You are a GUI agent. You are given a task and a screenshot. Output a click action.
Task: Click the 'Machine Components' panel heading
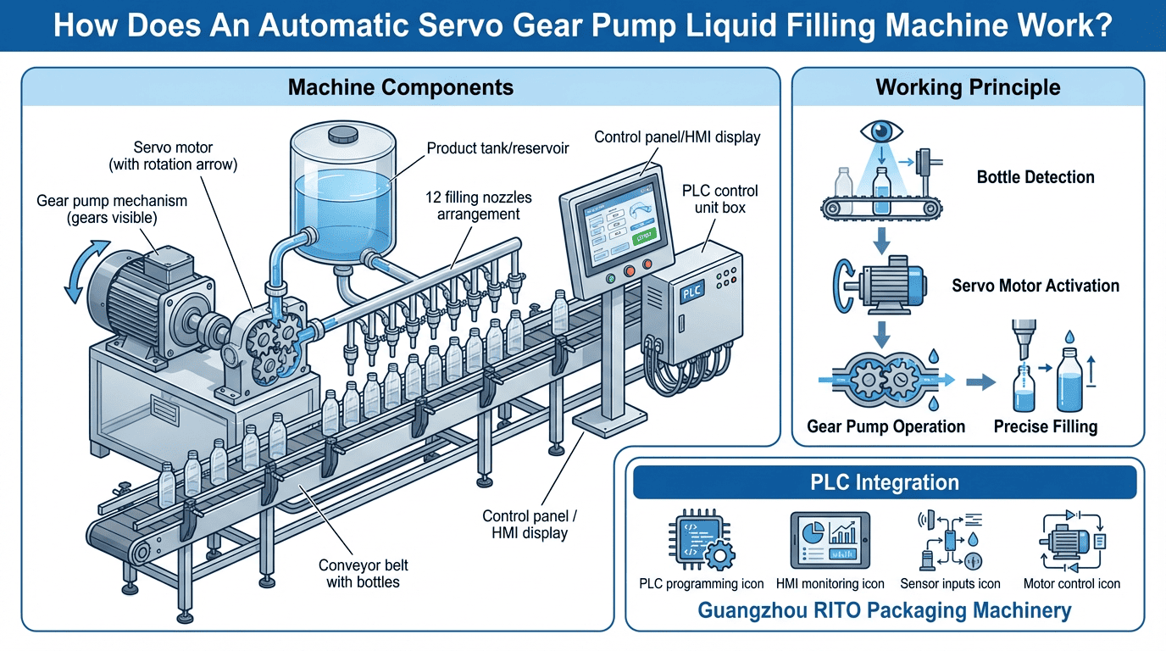400,87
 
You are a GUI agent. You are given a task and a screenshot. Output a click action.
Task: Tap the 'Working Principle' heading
968,87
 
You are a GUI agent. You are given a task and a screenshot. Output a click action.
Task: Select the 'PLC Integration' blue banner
885,482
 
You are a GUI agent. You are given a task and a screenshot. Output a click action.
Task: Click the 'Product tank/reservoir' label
497,148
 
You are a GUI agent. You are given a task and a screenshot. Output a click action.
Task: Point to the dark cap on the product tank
343,134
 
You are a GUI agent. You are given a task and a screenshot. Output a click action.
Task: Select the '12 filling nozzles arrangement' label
478,205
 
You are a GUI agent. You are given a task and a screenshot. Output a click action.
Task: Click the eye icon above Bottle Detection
882,131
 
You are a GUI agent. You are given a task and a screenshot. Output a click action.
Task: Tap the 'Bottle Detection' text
1036,177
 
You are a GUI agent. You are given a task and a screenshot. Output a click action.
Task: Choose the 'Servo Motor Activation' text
1036,286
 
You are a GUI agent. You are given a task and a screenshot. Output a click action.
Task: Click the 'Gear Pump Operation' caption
886,426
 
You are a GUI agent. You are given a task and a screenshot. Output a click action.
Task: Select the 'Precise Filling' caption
1045,426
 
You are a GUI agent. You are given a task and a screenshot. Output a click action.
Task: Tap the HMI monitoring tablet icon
829,541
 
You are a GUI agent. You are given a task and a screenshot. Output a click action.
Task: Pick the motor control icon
1070,541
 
